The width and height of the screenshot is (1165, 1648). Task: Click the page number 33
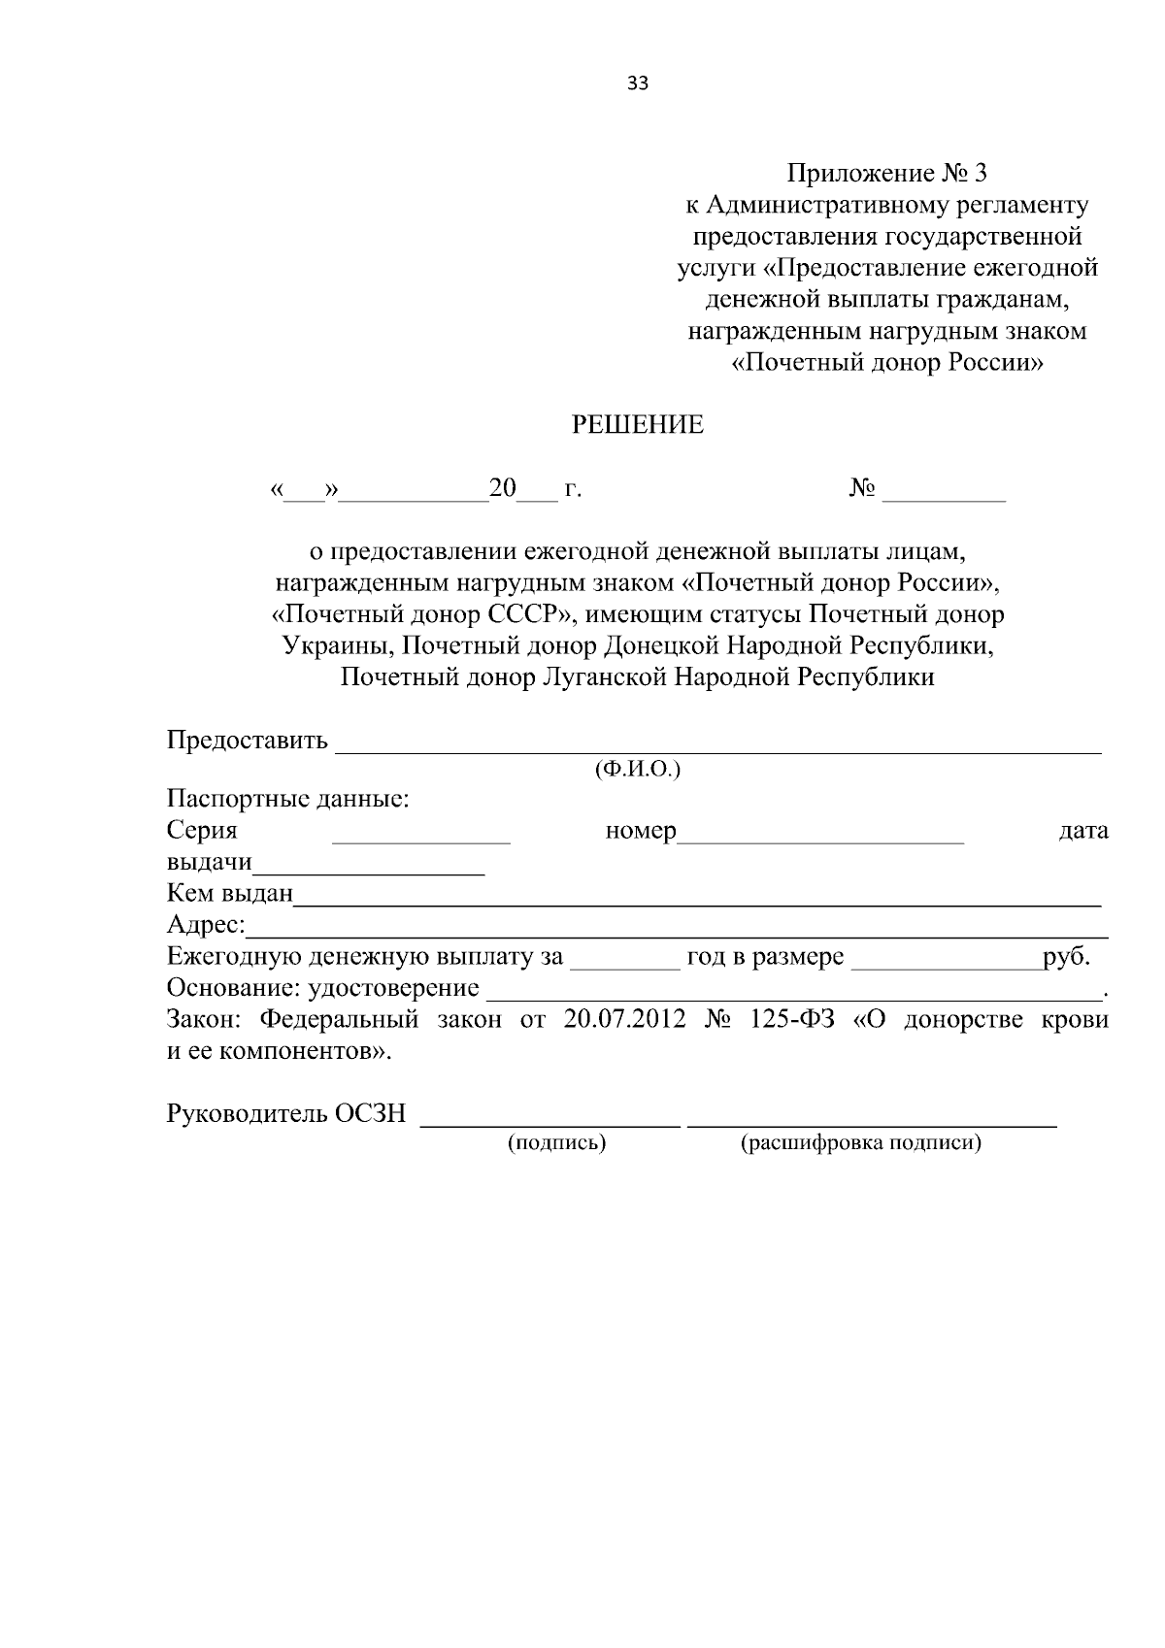coord(638,84)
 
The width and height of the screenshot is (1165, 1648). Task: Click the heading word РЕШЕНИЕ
coord(637,425)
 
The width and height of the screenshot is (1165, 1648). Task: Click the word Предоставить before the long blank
coord(248,742)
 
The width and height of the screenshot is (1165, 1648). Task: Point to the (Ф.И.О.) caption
coord(637,771)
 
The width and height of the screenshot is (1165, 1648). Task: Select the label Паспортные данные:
coord(287,801)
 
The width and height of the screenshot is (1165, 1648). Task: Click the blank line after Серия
coord(420,839)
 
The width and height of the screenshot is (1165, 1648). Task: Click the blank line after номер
coord(820,839)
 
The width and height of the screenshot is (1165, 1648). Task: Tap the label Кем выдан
coord(230,893)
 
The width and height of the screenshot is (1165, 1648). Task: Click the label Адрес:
coord(206,925)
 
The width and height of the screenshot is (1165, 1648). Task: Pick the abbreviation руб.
coord(1065,957)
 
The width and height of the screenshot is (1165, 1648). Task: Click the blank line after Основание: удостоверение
coord(793,994)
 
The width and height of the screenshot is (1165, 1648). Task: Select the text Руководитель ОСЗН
coord(286,1114)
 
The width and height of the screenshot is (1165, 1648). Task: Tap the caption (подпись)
coord(556,1143)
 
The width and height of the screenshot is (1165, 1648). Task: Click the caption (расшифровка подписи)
coord(860,1143)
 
